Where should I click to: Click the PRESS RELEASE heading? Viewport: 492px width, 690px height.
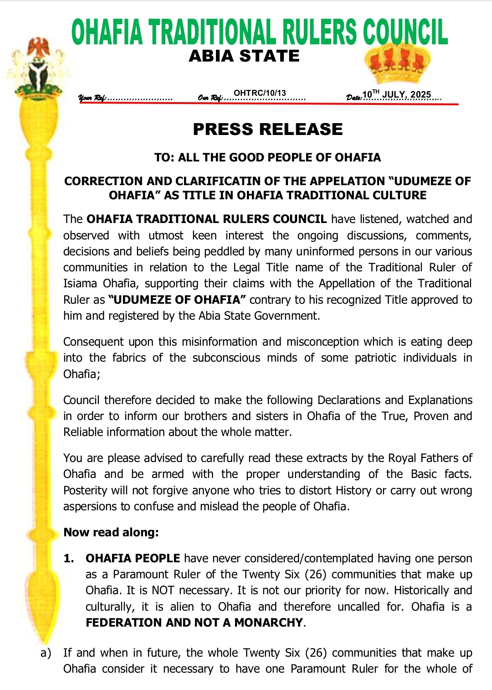tap(267, 130)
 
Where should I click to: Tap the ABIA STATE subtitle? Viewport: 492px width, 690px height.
tap(244, 56)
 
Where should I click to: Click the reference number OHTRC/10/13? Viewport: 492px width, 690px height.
tap(260, 93)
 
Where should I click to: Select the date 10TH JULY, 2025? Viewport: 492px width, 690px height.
tap(396, 95)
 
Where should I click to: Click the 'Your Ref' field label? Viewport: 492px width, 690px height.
tap(92, 98)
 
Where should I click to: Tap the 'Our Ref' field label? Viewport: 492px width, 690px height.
tap(210, 98)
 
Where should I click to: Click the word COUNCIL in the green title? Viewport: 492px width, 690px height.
tap(405, 33)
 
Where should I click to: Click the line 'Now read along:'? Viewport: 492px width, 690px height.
tap(111, 532)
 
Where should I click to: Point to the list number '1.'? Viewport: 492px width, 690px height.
tap(69, 559)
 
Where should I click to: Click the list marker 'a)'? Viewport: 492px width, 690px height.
tap(46, 653)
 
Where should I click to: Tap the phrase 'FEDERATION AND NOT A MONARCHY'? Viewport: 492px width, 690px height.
tap(195, 623)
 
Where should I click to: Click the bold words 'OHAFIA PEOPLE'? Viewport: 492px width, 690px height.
tap(133, 559)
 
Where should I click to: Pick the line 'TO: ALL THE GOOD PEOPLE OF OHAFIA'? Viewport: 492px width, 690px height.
tap(267, 158)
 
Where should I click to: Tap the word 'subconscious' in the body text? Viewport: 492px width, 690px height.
tap(226, 358)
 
